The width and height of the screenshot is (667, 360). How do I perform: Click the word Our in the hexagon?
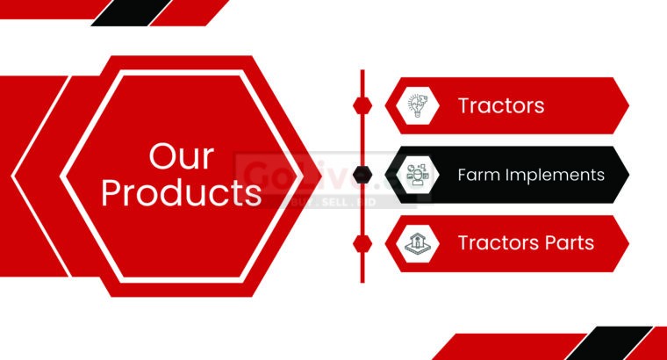(181, 157)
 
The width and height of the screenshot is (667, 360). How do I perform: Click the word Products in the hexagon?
(181, 192)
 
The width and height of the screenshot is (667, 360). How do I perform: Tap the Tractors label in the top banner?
(501, 106)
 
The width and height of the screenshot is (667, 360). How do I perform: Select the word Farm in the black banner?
(477, 175)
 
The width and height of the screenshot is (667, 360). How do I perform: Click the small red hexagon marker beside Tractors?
(362, 105)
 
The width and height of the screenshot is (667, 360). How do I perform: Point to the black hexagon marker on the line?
(362, 175)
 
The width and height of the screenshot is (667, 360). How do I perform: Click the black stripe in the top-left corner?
(132, 11)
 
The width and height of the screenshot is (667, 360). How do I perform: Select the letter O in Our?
(162, 157)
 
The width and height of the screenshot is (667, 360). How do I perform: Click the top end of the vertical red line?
(362, 71)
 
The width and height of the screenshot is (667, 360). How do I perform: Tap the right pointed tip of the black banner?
(628, 175)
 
